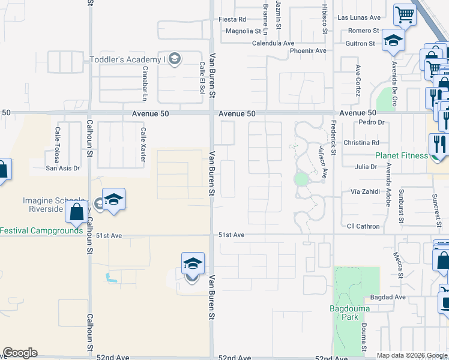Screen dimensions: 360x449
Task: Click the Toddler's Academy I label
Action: click(x=127, y=59)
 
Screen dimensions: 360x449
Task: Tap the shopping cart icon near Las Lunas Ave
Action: click(x=405, y=14)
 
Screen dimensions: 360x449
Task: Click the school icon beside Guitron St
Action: click(x=394, y=40)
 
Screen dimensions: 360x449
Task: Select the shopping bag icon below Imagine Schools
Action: click(x=77, y=211)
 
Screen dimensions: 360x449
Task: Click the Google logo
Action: click(x=20, y=353)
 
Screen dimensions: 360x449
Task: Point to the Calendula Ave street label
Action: click(x=273, y=43)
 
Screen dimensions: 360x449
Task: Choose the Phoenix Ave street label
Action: click(x=308, y=50)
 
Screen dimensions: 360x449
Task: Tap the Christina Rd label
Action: click(x=361, y=143)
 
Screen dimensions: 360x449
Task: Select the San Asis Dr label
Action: click(x=63, y=168)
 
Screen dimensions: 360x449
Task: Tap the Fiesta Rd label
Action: click(x=232, y=19)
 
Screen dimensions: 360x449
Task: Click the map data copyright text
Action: click(x=412, y=355)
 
